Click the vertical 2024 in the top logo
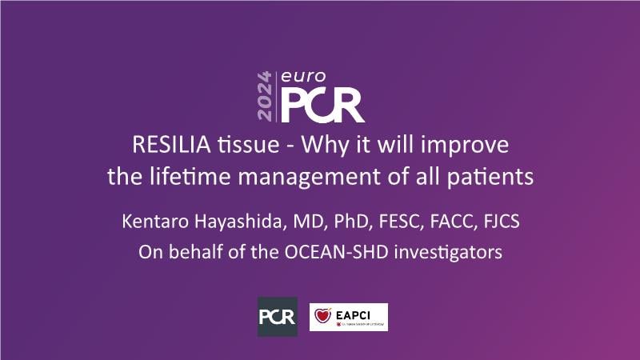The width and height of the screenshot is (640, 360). (265, 96)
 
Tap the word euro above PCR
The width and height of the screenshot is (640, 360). (303, 76)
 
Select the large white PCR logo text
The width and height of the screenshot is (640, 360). (322, 106)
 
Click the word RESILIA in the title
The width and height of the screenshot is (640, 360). (171, 145)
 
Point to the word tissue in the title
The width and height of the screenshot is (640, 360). (249, 145)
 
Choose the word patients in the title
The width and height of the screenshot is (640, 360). (490, 178)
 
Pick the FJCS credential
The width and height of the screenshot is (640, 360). (502, 222)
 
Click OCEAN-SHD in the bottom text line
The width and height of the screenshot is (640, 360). (336, 252)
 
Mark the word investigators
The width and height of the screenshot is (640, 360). (448, 253)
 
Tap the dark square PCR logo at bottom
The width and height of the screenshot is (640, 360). (278, 317)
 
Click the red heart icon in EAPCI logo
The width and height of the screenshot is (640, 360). (322, 315)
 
